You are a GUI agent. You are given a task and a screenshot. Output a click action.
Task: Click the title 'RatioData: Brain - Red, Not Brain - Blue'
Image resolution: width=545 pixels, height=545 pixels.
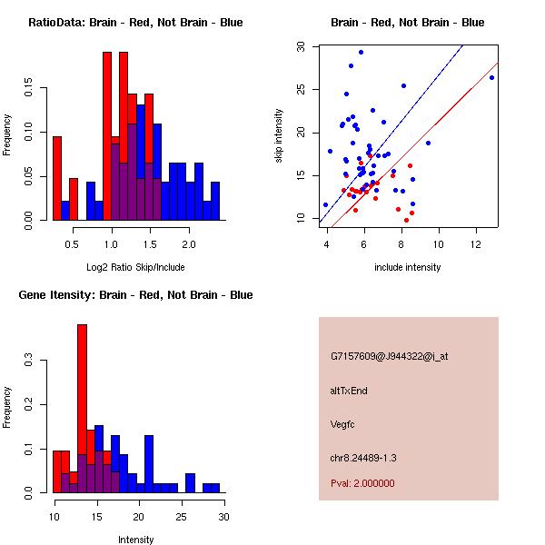[x=135, y=23]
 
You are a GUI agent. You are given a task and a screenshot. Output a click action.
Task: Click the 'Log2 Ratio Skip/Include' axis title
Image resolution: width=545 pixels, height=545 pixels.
[x=135, y=267]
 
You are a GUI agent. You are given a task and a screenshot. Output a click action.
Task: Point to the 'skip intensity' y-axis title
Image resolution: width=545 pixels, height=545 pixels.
[x=279, y=136]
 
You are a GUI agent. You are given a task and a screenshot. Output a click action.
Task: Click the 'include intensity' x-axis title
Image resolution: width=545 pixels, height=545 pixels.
[x=408, y=267]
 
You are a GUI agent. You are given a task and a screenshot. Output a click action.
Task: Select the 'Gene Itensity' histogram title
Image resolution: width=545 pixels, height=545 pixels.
[x=135, y=295]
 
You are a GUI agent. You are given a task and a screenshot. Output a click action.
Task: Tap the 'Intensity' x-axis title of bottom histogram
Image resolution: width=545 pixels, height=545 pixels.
[x=136, y=540]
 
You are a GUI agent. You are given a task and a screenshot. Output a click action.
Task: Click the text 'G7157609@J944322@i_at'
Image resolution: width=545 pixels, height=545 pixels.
[x=389, y=356]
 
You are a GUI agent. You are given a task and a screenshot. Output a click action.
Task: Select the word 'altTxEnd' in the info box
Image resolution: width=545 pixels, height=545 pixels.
[x=350, y=391]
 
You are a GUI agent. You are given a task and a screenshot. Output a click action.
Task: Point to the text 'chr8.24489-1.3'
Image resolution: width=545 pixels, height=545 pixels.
[x=363, y=457]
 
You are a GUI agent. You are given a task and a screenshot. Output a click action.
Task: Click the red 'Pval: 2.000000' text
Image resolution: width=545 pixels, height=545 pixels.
[x=362, y=483]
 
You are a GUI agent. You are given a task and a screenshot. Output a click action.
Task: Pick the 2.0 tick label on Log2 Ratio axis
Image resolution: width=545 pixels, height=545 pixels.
[x=189, y=244]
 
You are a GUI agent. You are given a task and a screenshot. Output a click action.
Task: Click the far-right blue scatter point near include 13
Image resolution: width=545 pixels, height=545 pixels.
[x=491, y=78]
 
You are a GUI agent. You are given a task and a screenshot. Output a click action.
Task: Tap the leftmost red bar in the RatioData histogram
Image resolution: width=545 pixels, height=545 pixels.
[x=56, y=178]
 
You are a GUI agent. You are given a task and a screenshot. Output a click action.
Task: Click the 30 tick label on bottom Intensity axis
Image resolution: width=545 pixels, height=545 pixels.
[x=223, y=517]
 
